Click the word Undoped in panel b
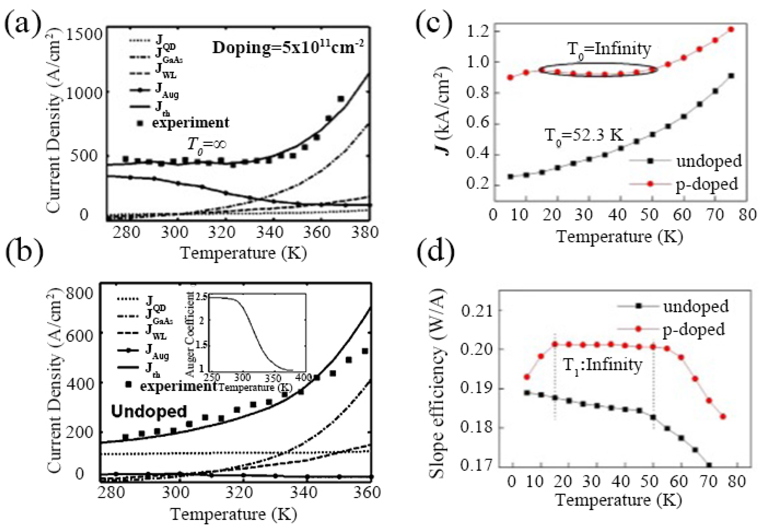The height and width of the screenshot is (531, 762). click(149, 411)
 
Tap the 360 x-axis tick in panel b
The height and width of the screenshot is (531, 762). click(366, 493)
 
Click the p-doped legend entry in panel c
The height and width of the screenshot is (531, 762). click(707, 185)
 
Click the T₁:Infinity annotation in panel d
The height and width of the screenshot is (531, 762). click(602, 365)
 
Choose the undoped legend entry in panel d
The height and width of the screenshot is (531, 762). click(695, 307)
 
